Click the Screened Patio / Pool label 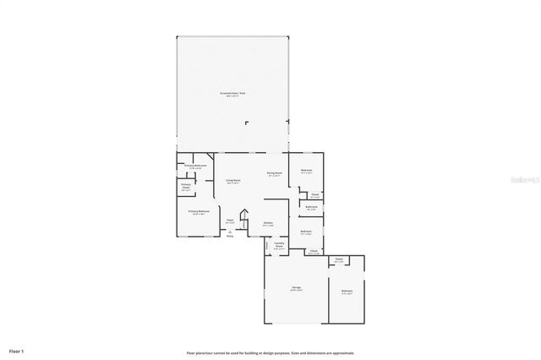coord(233,93)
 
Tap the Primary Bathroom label coord(196,166)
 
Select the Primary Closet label coord(186,186)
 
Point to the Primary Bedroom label coord(199,212)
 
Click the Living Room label coord(232,180)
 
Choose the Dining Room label coord(274,173)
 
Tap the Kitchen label coord(267,223)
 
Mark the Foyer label coord(229,221)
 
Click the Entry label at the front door coord(230,236)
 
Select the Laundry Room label coord(279,246)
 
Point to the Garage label coord(297,288)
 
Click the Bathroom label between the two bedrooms coord(311,207)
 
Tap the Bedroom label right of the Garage coord(347,292)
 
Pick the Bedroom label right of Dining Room coord(306,171)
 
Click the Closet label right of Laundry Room coord(313,251)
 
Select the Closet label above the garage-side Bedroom coord(338,259)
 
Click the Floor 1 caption coord(17,350)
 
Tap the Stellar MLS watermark coord(519,180)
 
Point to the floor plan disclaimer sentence coord(270,352)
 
